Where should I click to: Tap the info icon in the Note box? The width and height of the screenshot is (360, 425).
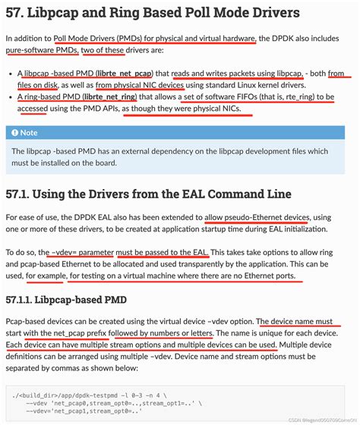(x=14, y=132)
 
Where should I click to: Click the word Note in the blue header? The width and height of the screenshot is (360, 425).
(x=31, y=132)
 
